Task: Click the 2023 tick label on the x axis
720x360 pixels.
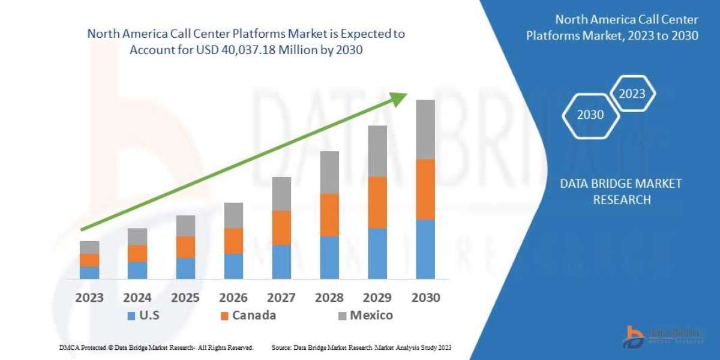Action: [89, 298]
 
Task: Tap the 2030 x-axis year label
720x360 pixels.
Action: [425, 298]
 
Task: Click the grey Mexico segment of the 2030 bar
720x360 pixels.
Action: [425, 129]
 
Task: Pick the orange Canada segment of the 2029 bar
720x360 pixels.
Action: [377, 202]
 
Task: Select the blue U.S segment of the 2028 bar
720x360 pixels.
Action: [329, 257]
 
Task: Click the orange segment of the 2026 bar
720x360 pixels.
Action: [233, 241]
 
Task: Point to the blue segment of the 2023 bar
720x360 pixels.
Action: [89, 272]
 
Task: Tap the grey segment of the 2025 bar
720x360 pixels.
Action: [185, 226]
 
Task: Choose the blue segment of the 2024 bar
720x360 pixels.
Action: [137, 270]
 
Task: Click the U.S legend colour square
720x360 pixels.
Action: [131, 316]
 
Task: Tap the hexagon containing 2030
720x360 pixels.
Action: [590, 114]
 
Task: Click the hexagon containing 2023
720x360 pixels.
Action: [632, 94]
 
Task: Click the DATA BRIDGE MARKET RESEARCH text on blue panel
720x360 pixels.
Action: [621, 191]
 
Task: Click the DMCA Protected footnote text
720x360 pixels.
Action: [157, 347]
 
